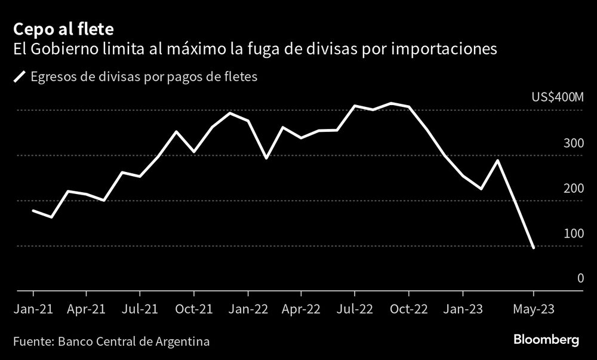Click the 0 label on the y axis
tap(580, 278)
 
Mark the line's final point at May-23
tap(533, 247)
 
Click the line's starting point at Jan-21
tap(33, 211)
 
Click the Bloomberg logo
tap(546, 340)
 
